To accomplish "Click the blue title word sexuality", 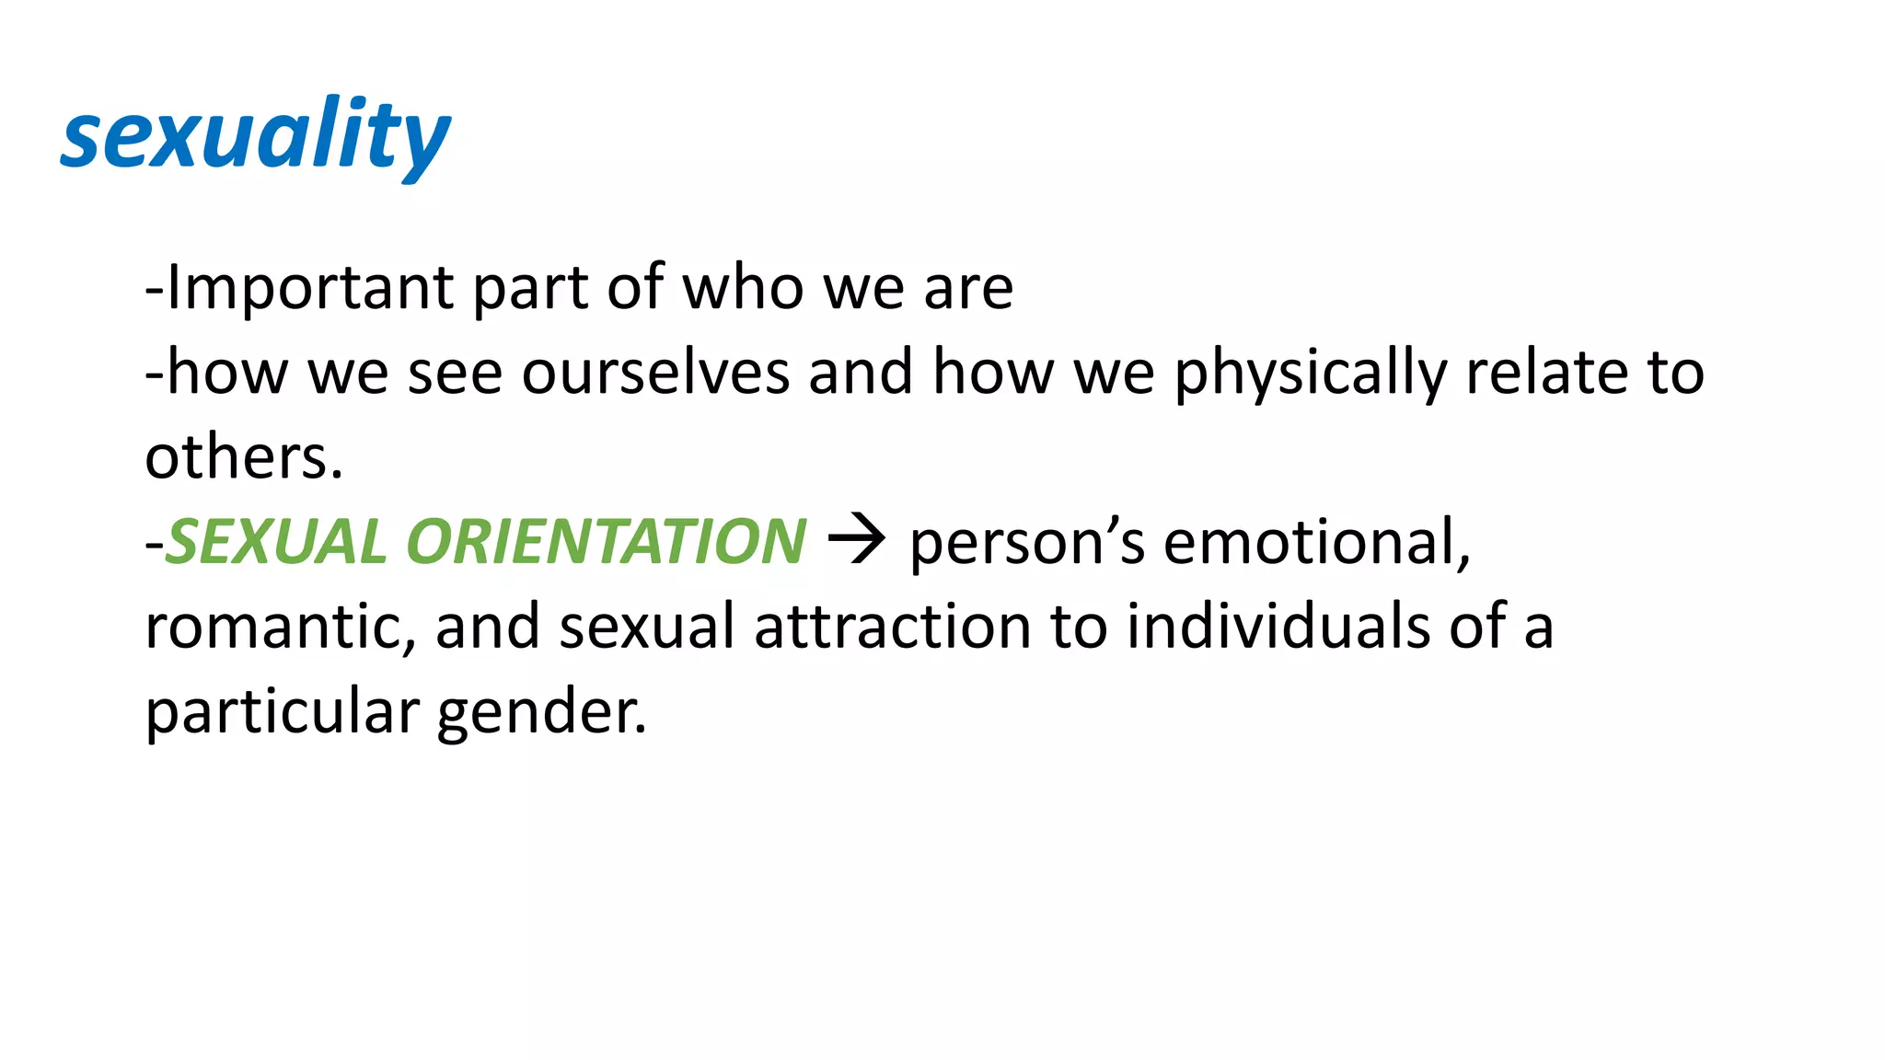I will [255, 137].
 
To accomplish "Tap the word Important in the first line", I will [309, 288].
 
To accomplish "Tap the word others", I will [243, 457].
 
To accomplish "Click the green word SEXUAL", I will [276, 541].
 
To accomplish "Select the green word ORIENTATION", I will [607, 541].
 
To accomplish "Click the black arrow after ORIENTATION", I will [856, 540].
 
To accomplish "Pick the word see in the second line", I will [455, 373].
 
